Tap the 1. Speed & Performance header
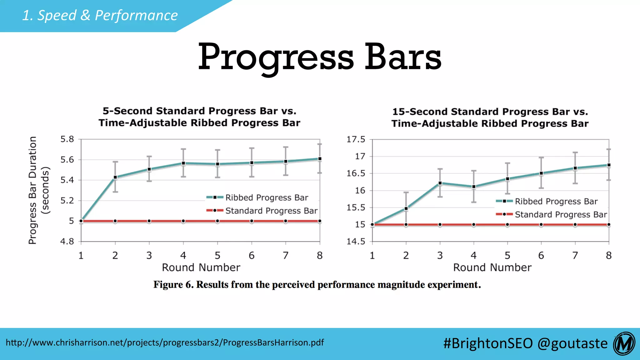[x=100, y=15]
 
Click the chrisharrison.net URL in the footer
[x=165, y=342]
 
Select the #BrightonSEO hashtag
[x=487, y=343]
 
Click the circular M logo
[x=624, y=344]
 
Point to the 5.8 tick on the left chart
[x=67, y=139]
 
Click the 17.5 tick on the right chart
[x=356, y=139]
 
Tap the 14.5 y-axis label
[x=356, y=241]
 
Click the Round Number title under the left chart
[x=201, y=267]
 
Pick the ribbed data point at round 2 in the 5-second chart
[x=115, y=177]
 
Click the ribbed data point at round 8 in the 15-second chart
[x=609, y=165]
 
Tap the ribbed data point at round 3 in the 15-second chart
[x=440, y=183]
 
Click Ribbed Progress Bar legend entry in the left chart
[x=266, y=197]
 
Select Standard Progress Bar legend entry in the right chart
[x=560, y=215]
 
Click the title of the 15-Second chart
[x=490, y=117]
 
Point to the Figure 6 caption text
[x=317, y=285]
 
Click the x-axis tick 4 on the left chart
[x=183, y=256]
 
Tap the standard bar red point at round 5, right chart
[x=507, y=225]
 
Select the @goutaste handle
[x=572, y=343]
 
